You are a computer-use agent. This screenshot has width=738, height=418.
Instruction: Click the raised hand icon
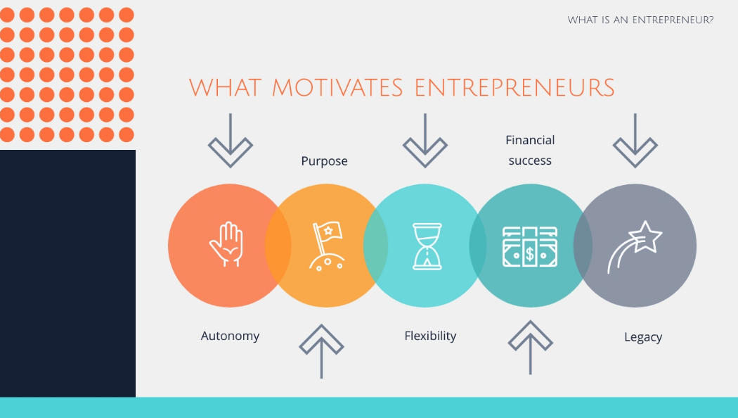tap(227, 244)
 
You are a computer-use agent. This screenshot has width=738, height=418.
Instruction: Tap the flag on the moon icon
tap(325, 246)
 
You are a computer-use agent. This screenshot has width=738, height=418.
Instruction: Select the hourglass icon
tap(427, 246)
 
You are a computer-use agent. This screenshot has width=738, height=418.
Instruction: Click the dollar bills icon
tap(530, 246)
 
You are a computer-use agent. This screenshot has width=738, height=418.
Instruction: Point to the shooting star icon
tap(635, 246)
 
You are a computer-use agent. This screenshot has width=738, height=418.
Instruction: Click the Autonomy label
tap(230, 336)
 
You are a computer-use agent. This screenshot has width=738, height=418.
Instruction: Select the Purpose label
tap(324, 161)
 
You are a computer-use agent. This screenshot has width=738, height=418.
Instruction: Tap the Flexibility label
tap(430, 336)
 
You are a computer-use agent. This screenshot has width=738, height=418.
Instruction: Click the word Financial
tap(530, 140)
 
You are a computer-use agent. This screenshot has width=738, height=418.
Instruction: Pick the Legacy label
tap(643, 337)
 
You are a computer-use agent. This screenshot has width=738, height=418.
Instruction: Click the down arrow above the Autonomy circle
tap(230, 141)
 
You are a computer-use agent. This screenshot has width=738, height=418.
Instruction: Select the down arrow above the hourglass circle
tap(425, 141)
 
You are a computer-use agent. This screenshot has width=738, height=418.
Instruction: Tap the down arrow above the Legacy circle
tap(635, 141)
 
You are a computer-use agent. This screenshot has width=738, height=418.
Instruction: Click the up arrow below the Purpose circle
tap(321, 351)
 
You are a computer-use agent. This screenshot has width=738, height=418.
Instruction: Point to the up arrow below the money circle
tap(531, 348)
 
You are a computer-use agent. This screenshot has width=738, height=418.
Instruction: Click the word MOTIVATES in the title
tap(337, 88)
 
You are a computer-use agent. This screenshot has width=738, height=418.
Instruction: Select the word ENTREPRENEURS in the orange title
tap(515, 88)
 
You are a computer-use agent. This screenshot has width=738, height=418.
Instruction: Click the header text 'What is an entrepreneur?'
tap(640, 20)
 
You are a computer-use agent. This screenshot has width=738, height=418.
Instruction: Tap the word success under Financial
tap(530, 160)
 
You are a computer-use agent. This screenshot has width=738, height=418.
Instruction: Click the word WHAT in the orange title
tap(225, 88)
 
